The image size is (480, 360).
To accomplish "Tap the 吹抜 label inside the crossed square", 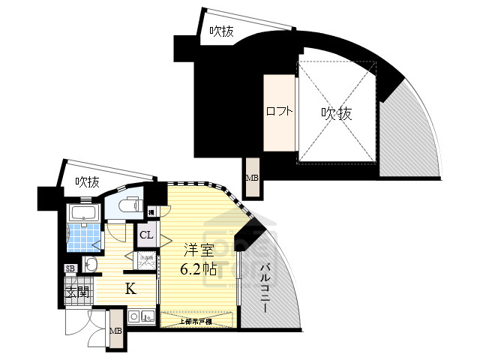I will (337, 113).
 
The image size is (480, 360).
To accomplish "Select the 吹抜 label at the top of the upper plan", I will (222, 31).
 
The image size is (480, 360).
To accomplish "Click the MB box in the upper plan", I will (252, 178).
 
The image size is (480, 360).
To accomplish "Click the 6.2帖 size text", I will (198, 269).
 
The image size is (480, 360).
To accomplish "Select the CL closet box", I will (147, 237).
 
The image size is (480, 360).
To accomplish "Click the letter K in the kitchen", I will (130, 288).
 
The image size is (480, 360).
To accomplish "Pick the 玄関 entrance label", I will (77, 292).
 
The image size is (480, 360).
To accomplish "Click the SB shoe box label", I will (70, 268).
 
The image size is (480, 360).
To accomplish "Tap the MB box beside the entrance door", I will (116, 331).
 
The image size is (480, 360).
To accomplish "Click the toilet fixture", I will (128, 203).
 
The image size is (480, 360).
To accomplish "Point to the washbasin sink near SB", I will (90, 264).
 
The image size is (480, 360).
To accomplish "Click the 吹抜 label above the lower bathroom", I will (88, 181).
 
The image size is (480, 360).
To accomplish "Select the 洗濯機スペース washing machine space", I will (146, 263).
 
